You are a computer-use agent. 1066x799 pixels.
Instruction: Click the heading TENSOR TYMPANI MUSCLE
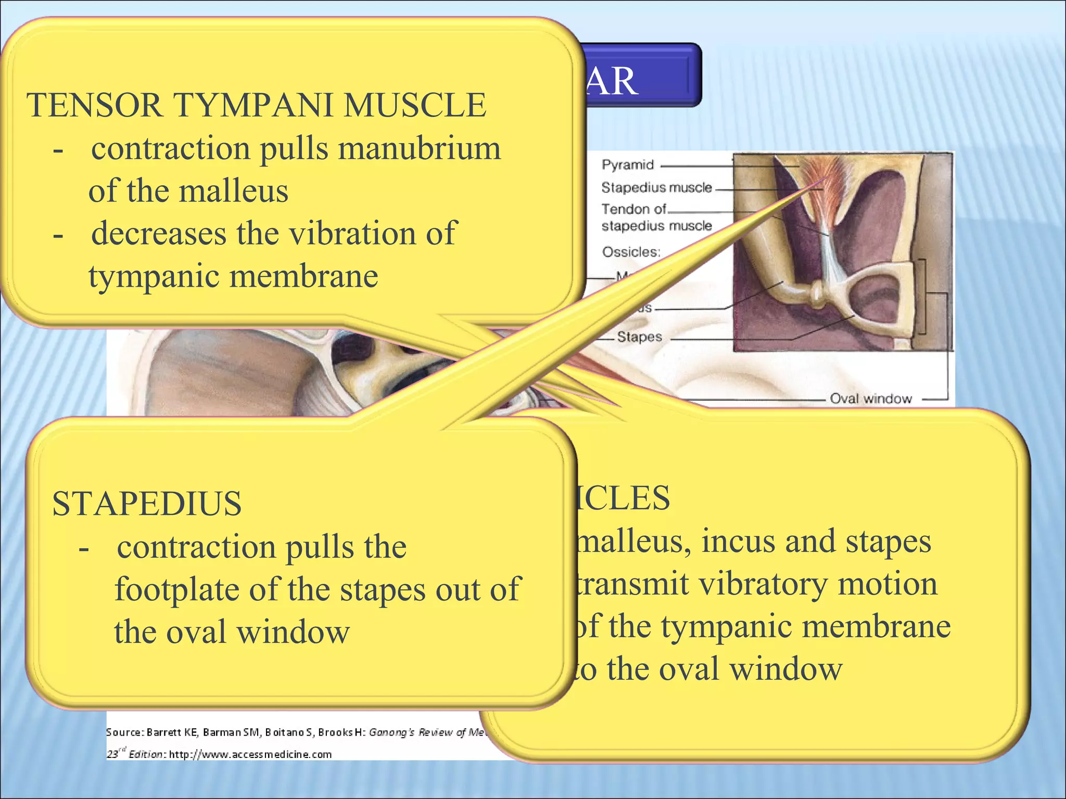256,105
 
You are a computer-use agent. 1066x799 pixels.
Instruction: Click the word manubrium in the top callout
419,149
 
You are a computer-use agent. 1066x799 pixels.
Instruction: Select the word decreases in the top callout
159,233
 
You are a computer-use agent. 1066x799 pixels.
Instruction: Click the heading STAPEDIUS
147,504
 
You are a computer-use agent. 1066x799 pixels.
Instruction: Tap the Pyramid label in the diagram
627,165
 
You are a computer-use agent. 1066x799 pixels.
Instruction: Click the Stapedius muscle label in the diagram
656,187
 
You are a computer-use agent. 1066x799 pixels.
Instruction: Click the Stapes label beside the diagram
639,337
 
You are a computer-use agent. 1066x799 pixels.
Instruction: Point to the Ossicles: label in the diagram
631,252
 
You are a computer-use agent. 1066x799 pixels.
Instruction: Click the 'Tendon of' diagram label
633,209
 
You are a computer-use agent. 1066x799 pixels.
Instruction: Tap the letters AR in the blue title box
612,82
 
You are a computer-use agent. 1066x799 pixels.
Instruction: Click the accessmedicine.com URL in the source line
250,754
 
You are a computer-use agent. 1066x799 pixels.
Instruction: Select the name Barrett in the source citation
163,732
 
